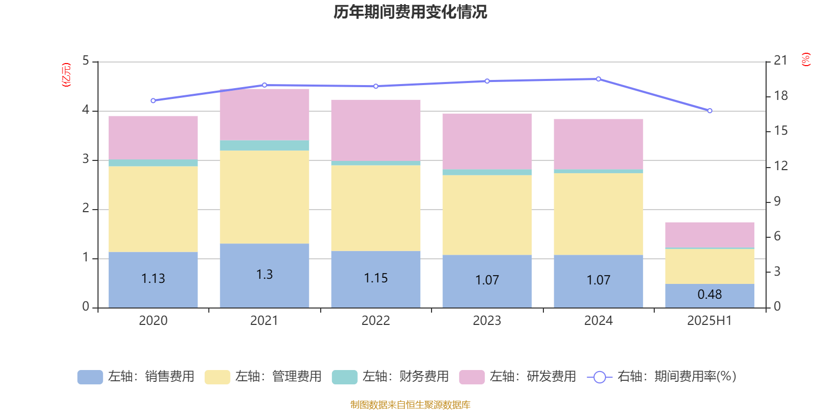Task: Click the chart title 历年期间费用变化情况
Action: click(x=410, y=12)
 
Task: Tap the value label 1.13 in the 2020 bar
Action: click(x=153, y=278)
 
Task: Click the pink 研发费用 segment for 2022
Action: click(x=376, y=130)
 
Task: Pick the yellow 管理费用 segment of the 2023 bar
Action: click(x=487, y=215)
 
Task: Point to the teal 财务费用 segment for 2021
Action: click(x=264, y=146)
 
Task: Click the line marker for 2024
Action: click(x=598, y=79)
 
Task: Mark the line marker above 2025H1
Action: click(x=710, y=111)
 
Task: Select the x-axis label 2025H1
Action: click(x=709, y=321)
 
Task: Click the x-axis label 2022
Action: click(x=376, y=321)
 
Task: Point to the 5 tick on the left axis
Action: click(x=86, y=61)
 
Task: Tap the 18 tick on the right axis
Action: click(x=780, y=96)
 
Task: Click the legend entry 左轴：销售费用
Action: click(x=136, y=377)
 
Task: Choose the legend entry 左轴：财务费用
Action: click(x=390, y=377)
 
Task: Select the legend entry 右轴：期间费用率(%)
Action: click(x=662, y=377)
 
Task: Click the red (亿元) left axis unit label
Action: click(x=66, y=75)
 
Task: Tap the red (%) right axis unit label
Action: click(x=806, y=59)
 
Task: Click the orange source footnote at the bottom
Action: click(x=410, y=405)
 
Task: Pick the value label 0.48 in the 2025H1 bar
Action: click(x=710, y=295)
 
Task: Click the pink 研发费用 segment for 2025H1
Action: click(x=710, y=235)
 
